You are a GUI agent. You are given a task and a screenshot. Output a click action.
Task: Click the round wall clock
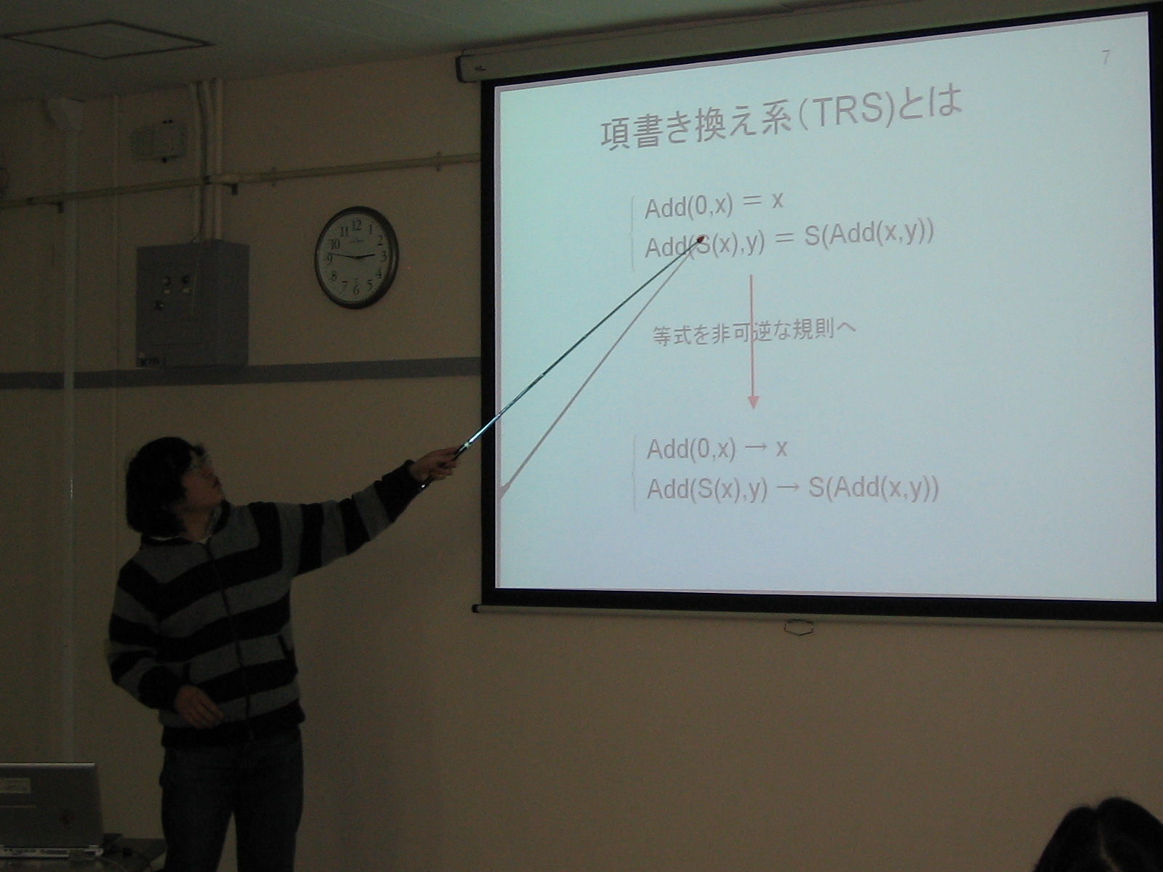pyautogui.click(x=357, y=257)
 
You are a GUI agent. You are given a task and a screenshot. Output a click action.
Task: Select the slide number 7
pyautogui.click(x=1106, y=57)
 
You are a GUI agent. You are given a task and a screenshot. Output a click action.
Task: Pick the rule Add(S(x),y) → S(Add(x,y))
pyautogui.click(x=792, y=489)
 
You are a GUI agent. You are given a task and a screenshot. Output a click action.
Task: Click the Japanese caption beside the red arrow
pyautogui.click(x=754, y=332)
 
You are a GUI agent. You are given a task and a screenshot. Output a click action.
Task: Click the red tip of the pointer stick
pyautogui.click(x=700, y=241)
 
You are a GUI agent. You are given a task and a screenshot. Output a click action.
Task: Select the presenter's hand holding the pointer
pyautogui.click(x=439, y=461)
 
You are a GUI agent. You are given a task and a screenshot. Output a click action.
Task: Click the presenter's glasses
pyautogui.click(x=198, y=464)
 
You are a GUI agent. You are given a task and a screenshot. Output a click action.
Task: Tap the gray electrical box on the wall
pyautogui.click(x=193, y=302)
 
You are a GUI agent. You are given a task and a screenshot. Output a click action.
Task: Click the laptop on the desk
pyautogui.click(x=50, y=808)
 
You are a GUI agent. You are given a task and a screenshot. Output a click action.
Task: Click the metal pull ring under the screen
pyautogui.click(x=798, y=627)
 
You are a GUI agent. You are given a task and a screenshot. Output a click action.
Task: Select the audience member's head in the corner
pyautogui.click(x=1102, y=836)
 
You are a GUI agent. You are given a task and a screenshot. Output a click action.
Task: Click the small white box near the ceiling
pyautogui.click(x=159, y=141)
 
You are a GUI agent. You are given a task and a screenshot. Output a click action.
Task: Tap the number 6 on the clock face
pyautogui.click(x=356, y=289)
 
